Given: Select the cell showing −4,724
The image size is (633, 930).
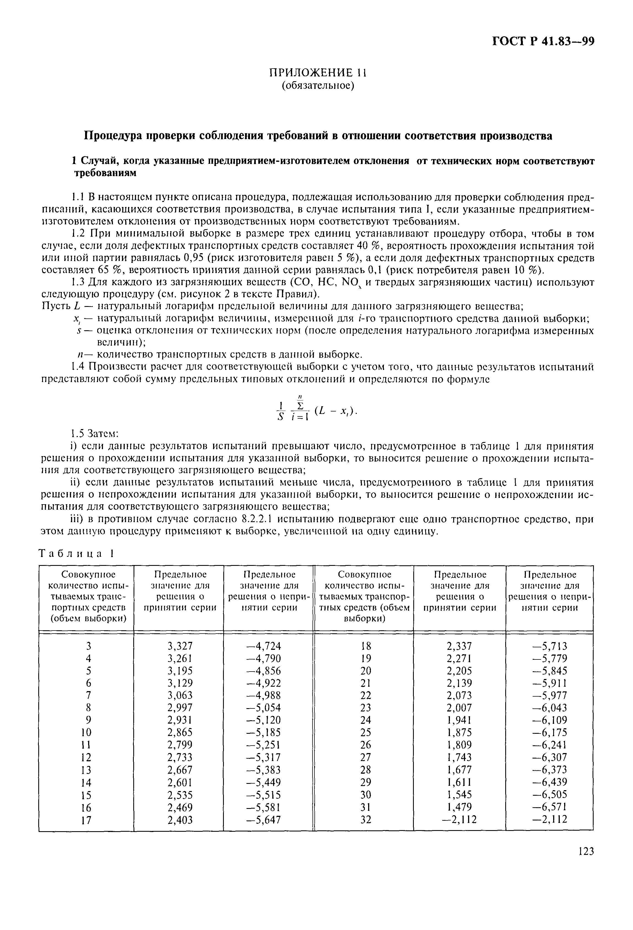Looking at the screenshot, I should click(x=267, y=645).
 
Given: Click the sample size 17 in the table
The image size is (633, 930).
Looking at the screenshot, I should click(x=86, y=820).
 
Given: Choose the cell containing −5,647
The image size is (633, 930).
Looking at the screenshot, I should click(x=267, y=820).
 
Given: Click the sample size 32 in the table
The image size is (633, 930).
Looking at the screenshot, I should click(x=366, y=820).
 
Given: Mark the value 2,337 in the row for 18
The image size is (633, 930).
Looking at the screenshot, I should click(x=459, y=645).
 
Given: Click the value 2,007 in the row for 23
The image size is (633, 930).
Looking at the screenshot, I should click(x=459, y=708).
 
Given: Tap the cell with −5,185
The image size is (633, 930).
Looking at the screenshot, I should click(x=267, y=732).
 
